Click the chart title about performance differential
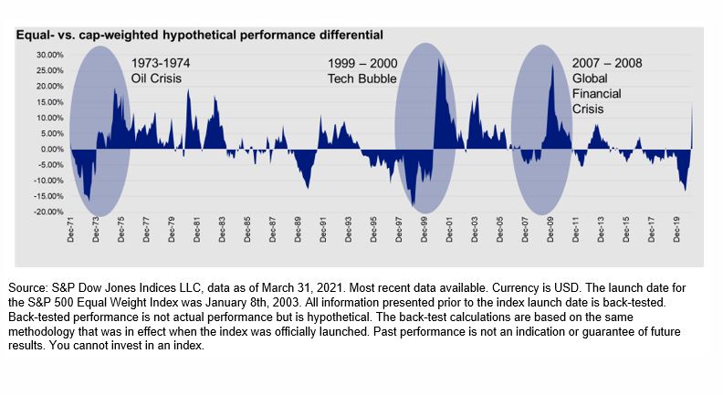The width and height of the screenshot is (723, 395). click(199, 35)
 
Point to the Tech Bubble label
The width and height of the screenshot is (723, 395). click(360, 78)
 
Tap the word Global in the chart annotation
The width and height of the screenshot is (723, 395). click(591, 78)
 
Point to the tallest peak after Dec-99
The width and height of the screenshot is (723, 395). click(439, 62)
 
